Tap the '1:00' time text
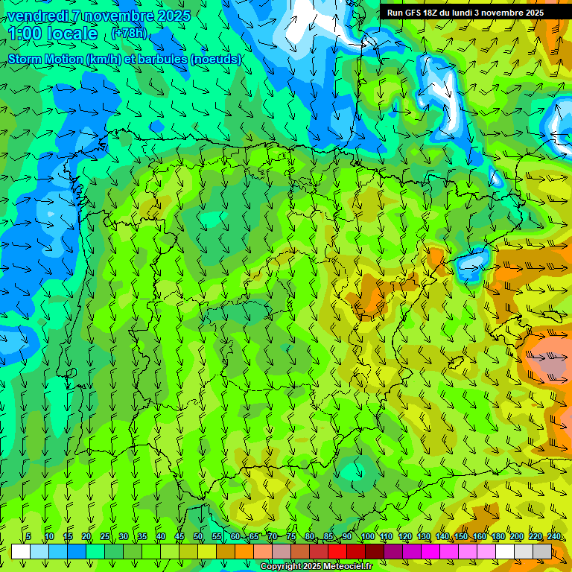point(26,34)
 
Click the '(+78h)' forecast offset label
point(128,34)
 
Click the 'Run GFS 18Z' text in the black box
point(412,13)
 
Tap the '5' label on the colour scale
point(28,536)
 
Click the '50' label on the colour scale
point(198,536)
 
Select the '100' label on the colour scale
point(367,536)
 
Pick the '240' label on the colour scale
point(554,536)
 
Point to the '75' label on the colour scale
point(291,536)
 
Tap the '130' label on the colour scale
point(424,536)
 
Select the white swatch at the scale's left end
point(21,551)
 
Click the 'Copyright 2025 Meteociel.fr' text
point(316,567)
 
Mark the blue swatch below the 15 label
point(77,551)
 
